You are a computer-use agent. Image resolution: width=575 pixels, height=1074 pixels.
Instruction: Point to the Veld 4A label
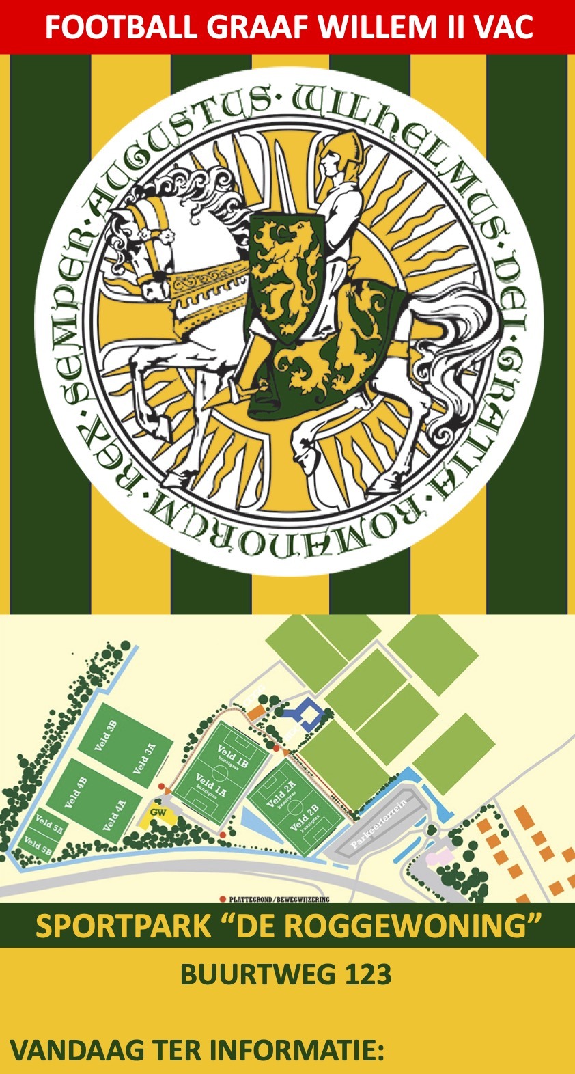(115, 815)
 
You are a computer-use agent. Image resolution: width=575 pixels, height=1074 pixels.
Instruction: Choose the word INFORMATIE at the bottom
(294, 1051)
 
